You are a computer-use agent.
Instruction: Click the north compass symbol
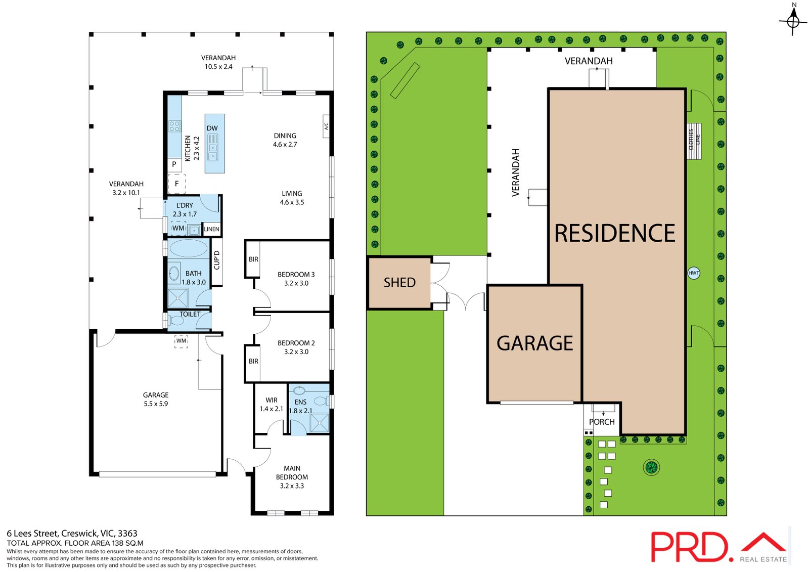pyautogui.click(x=793, y=21)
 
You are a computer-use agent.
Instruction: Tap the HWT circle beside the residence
pyautogui.click(x=693, y=273)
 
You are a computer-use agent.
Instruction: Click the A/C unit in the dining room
pyautogui.click(x=326, y=126)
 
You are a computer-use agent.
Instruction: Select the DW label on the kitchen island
pyautogui.click(x=212, y=128)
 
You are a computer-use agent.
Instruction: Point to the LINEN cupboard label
pyautogui.click(x=212, y=229)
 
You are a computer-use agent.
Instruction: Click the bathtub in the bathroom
pyautogui.click(x=189, y=249)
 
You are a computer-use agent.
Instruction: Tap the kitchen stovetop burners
pyautogui.click(x=175, y=126)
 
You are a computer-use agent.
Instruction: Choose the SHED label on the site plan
pyautogui.click(x=399, y=283)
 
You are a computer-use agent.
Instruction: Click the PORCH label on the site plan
pyautogui.click(x=602, y=422)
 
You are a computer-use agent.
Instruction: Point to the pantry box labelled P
pyautogui.click(x=174, y=165)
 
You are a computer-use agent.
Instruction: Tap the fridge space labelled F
pyautogui.click(x=176, y=184)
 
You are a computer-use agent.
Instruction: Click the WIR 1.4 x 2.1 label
pyautogui.click(x=271, y=404)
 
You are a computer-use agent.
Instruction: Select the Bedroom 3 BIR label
pyautogui.click(x=253, y=259)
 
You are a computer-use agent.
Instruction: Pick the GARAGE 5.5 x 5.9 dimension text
pyautogui.click(x=156, y=404)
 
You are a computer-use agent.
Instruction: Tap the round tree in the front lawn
pyautogui.click(x=651, y=467)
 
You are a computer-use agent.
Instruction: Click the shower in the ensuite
pyautogui.click(x=319, y=423)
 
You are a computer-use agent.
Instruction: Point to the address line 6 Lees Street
pyautogui.click(x=72, y=534)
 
